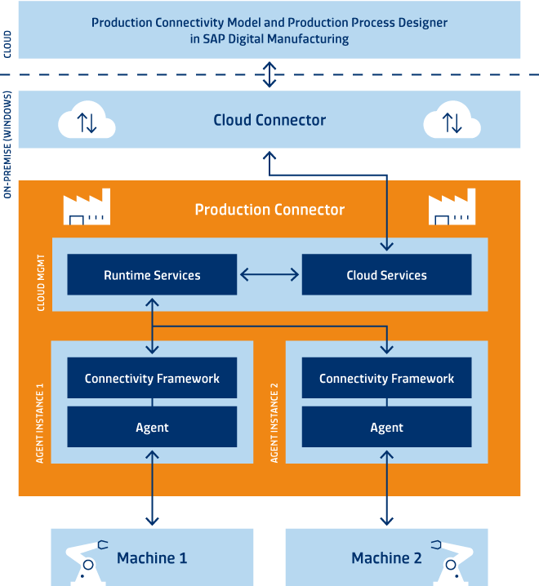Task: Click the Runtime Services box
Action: [152, 275]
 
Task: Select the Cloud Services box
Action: [386, 275]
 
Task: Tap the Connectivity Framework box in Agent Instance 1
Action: [152, 378]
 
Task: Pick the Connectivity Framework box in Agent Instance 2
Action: [386, 378]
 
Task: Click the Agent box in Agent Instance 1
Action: [152, 427]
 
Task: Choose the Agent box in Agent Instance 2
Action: [386, 427]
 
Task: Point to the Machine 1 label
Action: [152, 558]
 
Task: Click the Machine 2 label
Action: [386, 558]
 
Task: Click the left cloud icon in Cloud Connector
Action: [87, 121]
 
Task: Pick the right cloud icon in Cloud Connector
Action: [452, 121]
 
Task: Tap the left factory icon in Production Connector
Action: [87, 209]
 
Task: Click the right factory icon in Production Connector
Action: [452, 209]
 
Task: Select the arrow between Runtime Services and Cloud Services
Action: [269, 275]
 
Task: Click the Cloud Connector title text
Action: [269, 120]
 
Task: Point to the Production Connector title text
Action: [269, 210]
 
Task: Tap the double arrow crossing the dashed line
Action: [269, 75]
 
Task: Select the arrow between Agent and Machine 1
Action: [152, 490]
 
